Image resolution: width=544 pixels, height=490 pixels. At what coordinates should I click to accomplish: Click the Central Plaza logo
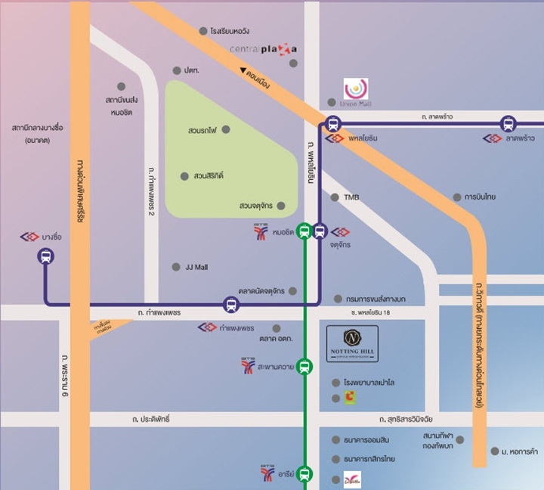point(258,49)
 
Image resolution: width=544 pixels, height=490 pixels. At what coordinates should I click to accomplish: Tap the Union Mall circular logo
point(356,89)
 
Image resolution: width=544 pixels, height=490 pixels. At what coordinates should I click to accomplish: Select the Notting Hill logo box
point(352,344)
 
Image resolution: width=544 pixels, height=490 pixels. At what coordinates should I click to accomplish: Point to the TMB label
point(351,197)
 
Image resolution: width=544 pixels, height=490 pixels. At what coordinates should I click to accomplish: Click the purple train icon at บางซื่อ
point(46,257)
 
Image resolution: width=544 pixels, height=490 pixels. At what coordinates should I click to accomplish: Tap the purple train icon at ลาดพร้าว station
point(508,124)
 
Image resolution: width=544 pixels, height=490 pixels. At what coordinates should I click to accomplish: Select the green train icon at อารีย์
point(304,474)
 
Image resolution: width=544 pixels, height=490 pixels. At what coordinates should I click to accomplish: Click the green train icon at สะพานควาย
point(304,367)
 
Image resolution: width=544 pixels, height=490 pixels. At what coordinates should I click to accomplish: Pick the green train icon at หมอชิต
point(304,231)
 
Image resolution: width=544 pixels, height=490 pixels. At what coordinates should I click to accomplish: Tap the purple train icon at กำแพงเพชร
point(231,305)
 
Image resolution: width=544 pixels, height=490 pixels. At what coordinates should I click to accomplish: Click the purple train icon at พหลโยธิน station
point(333,124)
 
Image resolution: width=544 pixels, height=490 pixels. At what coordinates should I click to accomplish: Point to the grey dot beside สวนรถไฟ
point(226,130)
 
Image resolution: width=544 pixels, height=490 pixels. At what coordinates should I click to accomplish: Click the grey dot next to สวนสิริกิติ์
point(184,176)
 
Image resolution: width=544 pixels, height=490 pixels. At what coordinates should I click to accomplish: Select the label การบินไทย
point(480,197)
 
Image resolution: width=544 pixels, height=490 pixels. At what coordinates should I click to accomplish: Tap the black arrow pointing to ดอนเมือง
point(245,71)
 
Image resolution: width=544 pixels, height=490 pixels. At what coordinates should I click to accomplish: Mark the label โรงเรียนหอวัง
point(230,31)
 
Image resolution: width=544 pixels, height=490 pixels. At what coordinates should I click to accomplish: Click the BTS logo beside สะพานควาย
point(249,366)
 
